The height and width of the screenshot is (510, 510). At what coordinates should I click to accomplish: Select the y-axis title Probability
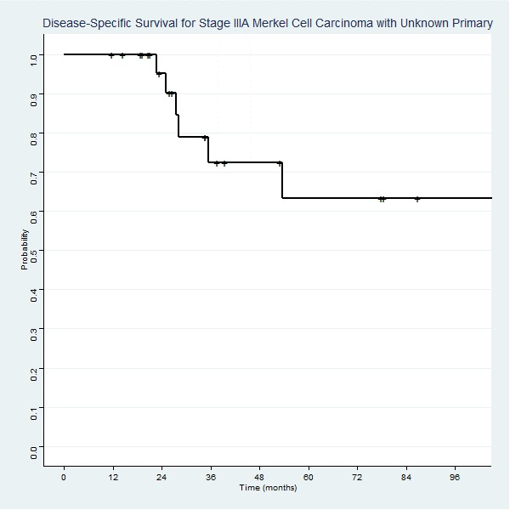25,250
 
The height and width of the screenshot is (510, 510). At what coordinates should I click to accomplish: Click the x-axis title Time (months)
268,488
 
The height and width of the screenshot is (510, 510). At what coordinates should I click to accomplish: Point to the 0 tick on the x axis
64,477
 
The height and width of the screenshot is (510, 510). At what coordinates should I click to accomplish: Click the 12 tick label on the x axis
112,477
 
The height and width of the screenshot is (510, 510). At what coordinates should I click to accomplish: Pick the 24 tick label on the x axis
161,477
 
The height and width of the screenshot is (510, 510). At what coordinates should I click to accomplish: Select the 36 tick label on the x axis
210,477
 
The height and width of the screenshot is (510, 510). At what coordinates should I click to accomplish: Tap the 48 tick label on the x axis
259,477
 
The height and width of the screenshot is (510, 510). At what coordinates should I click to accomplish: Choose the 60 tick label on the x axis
309,477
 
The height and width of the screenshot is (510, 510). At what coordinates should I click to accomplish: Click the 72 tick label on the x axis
357,477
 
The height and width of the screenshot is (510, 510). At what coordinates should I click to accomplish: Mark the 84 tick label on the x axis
406,477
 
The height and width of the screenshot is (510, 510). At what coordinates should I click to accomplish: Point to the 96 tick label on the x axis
456,477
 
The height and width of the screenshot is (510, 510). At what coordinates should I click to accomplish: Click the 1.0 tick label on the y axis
34,55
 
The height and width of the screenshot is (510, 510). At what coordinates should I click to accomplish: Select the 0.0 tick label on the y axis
34,448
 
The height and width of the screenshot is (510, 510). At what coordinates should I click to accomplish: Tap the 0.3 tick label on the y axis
34,330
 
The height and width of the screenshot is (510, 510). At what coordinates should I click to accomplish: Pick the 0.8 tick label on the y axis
34,133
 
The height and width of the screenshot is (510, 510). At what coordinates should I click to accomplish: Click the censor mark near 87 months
417,199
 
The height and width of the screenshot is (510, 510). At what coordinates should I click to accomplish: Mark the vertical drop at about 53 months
281,181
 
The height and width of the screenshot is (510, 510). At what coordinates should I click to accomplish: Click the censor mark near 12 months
111,55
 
